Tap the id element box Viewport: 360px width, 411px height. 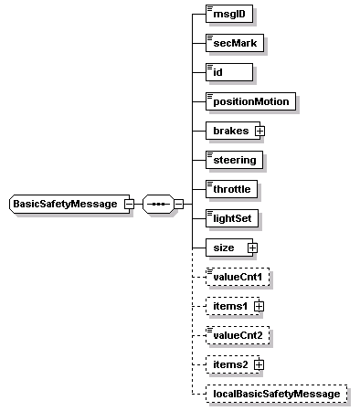[x=229, y=72]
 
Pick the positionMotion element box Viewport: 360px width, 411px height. [x=251, y=101]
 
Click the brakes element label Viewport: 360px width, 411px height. [x=229, y=131]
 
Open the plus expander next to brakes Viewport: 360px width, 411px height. [x=259, y=131]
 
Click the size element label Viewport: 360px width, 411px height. [x=224, y=248]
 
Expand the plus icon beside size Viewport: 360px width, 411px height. [x=252, y=248]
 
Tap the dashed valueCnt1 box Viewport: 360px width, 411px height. [x=239, y=276]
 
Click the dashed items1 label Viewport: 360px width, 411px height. [x=229, y=305]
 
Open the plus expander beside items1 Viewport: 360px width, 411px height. [x=259, y=305]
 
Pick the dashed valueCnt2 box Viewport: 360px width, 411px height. [x=239, y=335]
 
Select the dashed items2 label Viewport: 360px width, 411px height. [x=229, y=364]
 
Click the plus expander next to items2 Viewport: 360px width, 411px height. [x=259, y=364]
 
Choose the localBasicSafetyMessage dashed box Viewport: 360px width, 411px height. [x=277, y=394]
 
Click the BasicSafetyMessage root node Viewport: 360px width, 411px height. [x=65, y=204]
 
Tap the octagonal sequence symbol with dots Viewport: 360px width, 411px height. [x=157, y=204]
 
